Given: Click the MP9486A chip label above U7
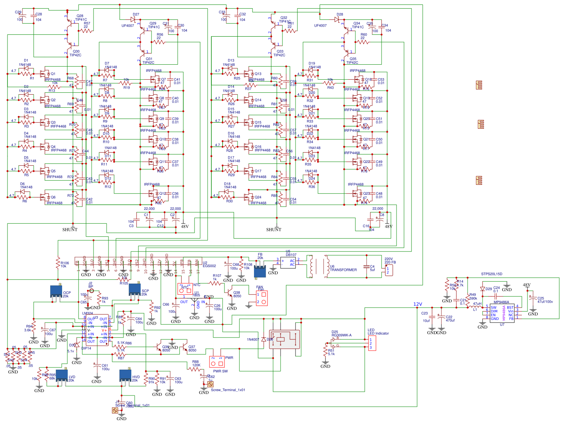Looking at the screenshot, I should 501,302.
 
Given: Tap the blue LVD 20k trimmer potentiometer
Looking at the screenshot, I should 62,376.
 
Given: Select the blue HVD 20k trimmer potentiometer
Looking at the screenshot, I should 125,376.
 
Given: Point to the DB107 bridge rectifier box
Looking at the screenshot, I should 288,262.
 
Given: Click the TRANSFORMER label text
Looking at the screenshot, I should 343,270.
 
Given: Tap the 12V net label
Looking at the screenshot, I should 417,304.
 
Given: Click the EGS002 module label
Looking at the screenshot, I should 209,266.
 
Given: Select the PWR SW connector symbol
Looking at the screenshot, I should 217,362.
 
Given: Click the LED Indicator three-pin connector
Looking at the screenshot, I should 372,343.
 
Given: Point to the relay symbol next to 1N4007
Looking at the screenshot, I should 284,339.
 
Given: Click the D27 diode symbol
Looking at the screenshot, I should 133,19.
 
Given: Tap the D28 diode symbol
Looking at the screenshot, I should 337,19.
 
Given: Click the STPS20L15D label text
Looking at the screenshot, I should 492,274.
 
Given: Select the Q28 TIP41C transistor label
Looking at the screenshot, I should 80,18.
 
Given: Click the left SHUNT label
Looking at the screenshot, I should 70,229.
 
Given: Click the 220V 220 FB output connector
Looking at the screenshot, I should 389,270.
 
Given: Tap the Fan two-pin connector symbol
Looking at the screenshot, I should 262,298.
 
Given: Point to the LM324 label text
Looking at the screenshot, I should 88,313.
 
